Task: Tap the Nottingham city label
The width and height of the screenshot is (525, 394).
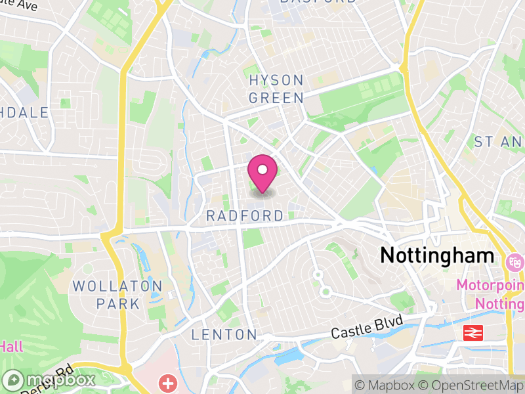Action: [437, 255]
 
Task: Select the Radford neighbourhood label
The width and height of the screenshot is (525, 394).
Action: [245, 216]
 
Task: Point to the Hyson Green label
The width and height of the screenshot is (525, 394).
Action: [276, 89]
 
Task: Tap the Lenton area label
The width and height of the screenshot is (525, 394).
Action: [224, 335]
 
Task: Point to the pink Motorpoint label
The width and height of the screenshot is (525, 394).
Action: [490, 286]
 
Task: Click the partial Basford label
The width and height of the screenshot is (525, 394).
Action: [318, 2]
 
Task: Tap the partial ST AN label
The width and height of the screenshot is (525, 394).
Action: [498, 142]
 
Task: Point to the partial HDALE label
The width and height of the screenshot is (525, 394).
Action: [25, 113]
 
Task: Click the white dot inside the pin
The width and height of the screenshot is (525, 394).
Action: [262, 170]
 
